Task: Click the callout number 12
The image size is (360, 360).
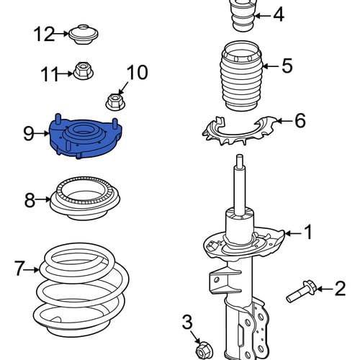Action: coord(45,34)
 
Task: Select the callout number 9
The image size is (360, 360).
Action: coord(29,133)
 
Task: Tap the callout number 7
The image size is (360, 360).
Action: coord(19,268)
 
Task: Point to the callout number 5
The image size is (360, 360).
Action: coord(287,66)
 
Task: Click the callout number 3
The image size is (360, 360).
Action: coord(187,322)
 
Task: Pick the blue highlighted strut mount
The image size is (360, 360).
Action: coord(86,136)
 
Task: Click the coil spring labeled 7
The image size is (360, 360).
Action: coord(81,290)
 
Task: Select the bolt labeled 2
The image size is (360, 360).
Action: coord(302,292)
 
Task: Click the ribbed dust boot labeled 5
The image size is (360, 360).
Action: coord(242,76)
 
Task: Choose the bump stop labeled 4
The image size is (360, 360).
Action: coord(243,16)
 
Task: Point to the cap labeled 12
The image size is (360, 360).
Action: coord(84,34)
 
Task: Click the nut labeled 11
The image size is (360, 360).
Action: coord(83,71)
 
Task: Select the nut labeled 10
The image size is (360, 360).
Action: coord(115,102)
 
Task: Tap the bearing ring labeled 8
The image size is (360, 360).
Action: coord(85,198)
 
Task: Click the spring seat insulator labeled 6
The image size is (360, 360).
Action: coord(240,131)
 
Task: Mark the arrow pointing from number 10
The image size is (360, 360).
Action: coord(123,88)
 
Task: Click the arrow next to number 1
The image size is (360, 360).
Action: coord(292,233)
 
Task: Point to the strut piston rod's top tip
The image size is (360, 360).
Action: coord(240,156)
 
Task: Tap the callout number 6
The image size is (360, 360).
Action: coord(300,120)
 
